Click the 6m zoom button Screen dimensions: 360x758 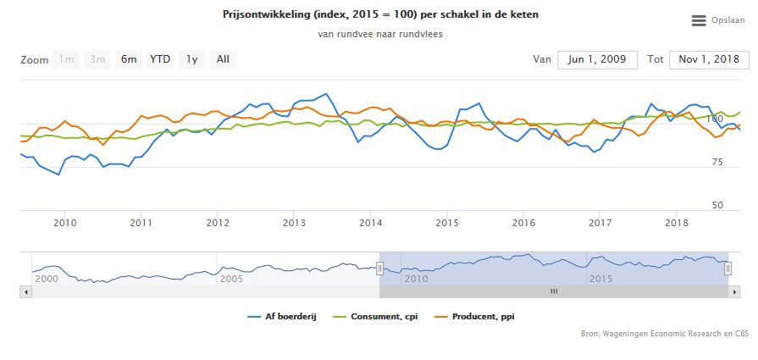point(129,59)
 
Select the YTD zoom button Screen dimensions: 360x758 point(160,59)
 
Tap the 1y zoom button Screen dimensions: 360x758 point(192,59)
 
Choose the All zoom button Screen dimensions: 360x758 point(223,59)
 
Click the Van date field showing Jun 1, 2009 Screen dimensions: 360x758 point(597,59)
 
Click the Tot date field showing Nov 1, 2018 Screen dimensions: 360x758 point(709,59)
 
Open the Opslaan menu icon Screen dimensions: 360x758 point(699,20)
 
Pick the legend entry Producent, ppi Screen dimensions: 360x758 point(478,317)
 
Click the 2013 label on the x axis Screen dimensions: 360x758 point(294,223)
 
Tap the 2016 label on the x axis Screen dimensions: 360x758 point(523,223)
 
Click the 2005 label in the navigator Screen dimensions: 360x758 point(232,278)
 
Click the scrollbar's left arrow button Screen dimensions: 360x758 point(25,291)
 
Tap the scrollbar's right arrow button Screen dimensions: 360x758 point(733,291)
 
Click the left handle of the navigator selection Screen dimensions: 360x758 point(379,268)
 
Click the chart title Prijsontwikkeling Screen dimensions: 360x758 point(379,15)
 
